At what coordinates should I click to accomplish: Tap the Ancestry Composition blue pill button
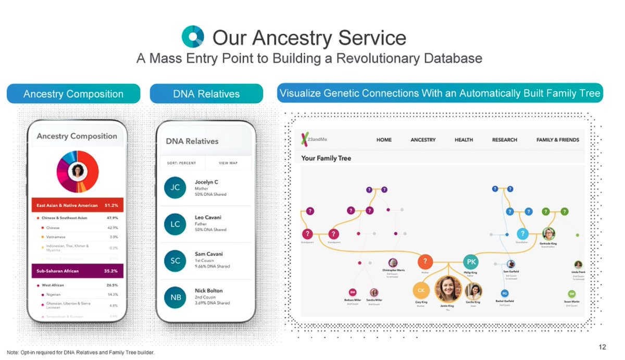pyautogui.click(x=73, y=94)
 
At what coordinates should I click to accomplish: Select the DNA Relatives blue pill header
pyautogui.click(x=206, y=94)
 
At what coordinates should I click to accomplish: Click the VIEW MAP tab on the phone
pyautogui.click(x=228, y=163)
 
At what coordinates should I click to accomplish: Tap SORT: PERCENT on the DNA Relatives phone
pyautogui.click(x=182, y=163)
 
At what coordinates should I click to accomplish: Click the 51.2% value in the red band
pyautogui.click(x=111, y=205)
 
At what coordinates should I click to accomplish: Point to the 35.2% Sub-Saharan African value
pyautogui.click(x=111, y=271)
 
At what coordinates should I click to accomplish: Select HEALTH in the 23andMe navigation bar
pyautogui.click(x=464, y=140)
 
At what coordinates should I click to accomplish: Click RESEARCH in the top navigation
pyautogui.click(x=505, y=140)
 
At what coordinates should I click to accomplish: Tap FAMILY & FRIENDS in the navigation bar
pyautogui.click(x=557, y=140)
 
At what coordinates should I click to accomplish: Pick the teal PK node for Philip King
pyautogui.click(x=471, y=261)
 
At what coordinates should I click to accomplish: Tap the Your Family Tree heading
pyautogui.click(x=326, y=158)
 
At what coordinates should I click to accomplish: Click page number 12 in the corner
pyautogui.click(x=603, y=347)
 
